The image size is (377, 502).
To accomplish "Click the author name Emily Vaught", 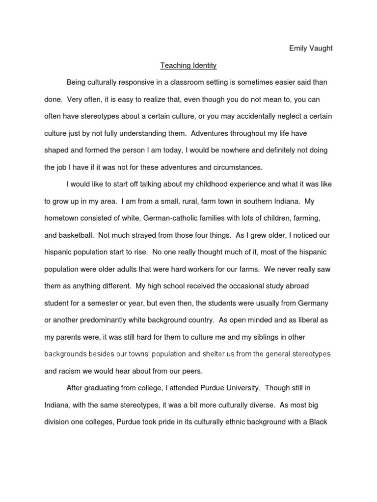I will (x=311, y=48).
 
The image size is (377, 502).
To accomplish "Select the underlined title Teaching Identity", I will (x=188, y=65).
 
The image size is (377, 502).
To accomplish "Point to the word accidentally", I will (x=256, y=116).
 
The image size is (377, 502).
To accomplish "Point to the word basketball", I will (x=75, y=235).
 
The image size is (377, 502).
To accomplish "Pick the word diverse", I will (x=247, y=405).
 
